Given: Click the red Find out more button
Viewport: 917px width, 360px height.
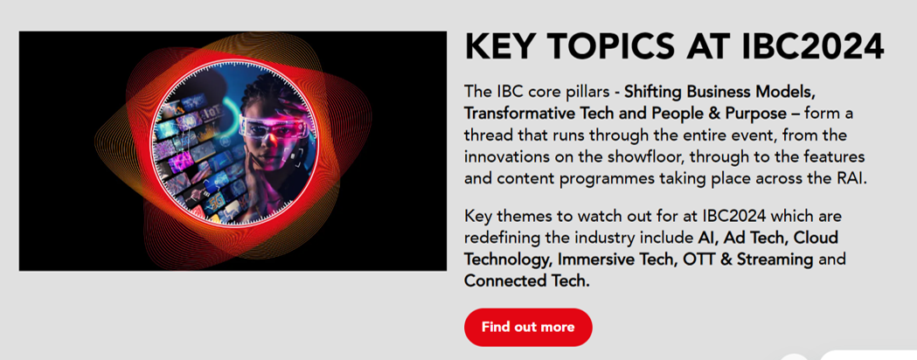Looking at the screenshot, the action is (x=528, y=328).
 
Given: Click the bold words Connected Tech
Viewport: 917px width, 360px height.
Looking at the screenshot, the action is (x=526, y=281).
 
